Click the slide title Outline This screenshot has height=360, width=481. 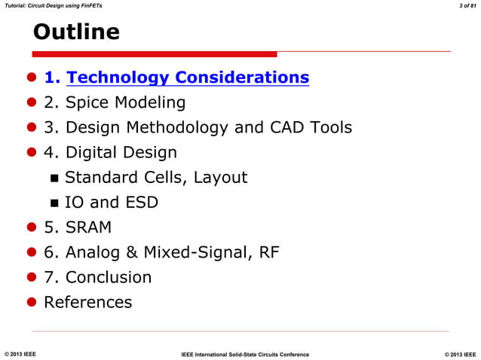[76, 32]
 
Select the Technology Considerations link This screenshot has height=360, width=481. [188, 78]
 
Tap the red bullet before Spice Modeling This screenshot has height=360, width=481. [32, 103]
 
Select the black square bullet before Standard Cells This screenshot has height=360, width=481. [54, 178]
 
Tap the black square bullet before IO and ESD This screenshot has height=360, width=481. [54, 203]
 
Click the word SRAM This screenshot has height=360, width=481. [89, 227]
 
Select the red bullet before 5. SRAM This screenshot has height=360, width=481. [32, 227]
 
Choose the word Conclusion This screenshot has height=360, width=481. [109, 277]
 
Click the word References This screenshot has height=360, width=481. [87, 302]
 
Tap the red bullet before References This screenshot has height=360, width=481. [32, 302]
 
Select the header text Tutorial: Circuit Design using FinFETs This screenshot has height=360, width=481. [54, 6]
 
